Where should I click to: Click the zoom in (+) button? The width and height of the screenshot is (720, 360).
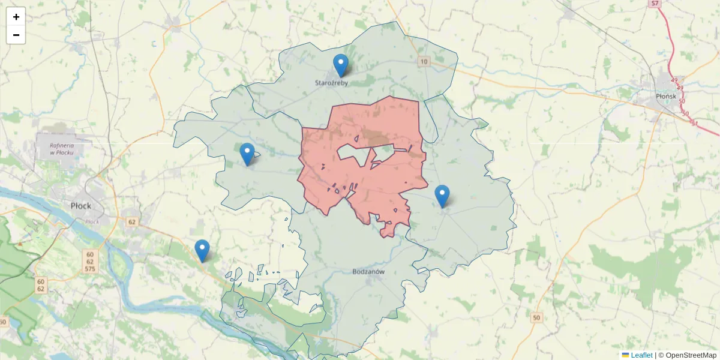tap(16, 17)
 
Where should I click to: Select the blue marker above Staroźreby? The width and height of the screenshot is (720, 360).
tap(340, 65)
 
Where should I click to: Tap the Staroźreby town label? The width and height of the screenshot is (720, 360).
tap(332, 83)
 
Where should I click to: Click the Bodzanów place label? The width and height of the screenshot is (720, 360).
tap(368, 271)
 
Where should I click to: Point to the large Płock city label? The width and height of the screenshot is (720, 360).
tap(81, 206)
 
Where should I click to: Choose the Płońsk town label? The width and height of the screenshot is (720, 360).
tap(665, 96)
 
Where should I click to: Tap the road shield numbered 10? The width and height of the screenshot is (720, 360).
tap(424, 61)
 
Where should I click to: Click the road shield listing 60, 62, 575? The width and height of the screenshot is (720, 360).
tap(90, 261)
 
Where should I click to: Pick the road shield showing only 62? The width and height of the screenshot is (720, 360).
tap(132, 222)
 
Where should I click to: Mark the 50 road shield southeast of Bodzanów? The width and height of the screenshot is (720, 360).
tap(536, 317)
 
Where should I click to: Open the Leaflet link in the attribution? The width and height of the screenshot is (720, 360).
tap(641, 355)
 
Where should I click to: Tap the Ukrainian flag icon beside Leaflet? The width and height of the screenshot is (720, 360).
tap(626, 355)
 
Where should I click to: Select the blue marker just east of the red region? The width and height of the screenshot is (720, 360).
tap(442, 196)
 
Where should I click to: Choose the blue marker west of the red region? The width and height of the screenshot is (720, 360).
tap(247, 154)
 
